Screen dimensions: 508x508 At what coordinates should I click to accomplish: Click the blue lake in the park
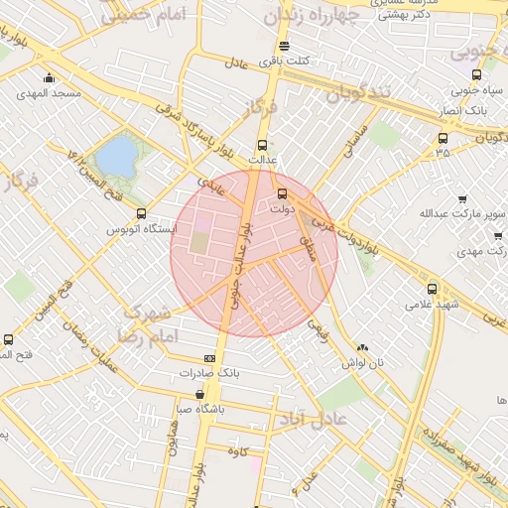[x=116, y=157]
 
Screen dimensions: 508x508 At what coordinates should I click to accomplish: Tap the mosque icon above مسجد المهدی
[x=49, y=78]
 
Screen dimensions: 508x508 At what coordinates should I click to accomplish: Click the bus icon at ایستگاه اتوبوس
[x=141, y=213]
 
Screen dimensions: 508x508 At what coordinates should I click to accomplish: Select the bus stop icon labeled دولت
[x=282, y=194]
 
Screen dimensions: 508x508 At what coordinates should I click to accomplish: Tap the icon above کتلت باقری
[x=285, y=46]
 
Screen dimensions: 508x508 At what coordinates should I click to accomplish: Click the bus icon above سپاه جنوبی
[x=477, y=74]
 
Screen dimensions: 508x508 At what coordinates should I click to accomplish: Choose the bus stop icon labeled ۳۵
[x=442, y=138]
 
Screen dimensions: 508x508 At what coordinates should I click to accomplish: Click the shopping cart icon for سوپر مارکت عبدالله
[x=462, y=198]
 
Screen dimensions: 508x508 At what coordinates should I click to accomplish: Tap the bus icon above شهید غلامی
[x=431, y=289]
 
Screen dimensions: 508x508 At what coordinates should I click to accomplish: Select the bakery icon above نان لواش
[x=362, y=348]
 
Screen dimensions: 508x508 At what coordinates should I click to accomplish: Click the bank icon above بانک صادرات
[x=209, y=358]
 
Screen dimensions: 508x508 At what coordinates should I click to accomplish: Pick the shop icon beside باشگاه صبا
[x=200, y=394]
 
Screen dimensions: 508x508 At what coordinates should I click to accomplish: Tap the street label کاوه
[x=236, y=451]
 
